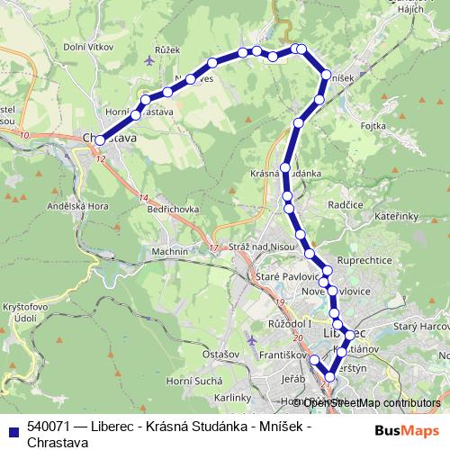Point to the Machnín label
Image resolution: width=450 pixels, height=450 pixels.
click(x=170, y=251)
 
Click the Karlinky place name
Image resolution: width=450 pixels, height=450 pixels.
click(x=233, y=397)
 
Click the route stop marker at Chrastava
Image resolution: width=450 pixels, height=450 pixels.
click(x=99, y=140)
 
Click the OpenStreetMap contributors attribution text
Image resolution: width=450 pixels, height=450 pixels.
click(x=371, y=403)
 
